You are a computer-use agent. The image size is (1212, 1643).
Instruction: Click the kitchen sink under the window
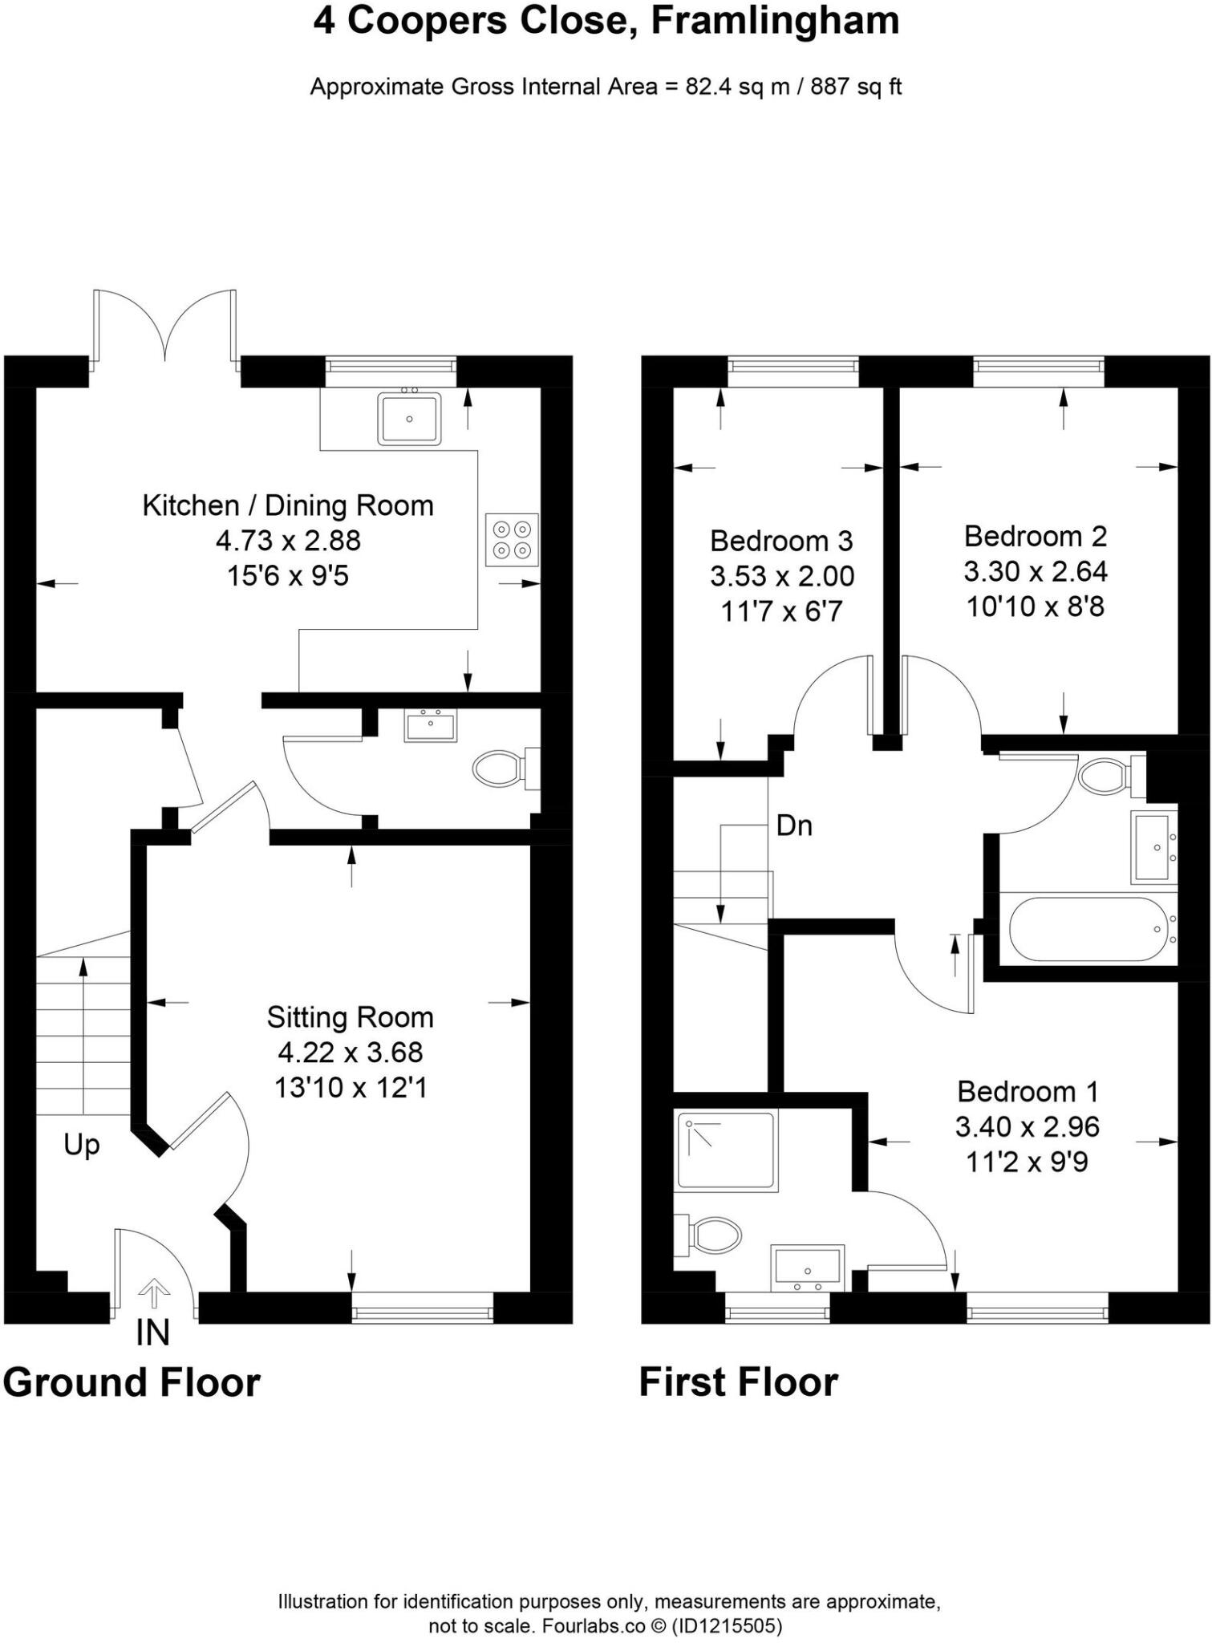coord(409,418)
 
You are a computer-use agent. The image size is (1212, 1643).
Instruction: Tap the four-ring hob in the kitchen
coord(512,540)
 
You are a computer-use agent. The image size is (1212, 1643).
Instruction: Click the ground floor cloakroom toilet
coord(501,769)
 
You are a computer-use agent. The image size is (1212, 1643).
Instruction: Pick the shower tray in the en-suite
coord(726,1150)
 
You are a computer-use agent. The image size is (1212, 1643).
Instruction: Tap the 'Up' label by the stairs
coord(82,1145)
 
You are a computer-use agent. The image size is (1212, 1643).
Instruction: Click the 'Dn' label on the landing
coord(794,826)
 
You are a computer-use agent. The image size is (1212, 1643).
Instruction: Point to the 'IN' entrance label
coord(152,1333)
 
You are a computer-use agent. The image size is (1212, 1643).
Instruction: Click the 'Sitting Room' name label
coord(351,1017)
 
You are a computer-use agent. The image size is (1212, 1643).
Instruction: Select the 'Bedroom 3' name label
coord(780,541)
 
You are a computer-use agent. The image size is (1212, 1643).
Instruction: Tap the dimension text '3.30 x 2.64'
coord(1035,571)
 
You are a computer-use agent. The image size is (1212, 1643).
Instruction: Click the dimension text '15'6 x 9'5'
coord(288,576)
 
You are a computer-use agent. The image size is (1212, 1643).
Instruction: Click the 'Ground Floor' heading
coord(132,1382)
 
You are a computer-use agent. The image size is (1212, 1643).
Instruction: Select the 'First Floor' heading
coord(738,1382)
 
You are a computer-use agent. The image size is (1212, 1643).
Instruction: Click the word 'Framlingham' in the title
coord(775,21)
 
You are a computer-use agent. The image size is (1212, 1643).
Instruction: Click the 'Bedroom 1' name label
coord(1027,1091)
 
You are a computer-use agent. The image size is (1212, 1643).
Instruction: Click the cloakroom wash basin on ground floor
coord(430,727)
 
